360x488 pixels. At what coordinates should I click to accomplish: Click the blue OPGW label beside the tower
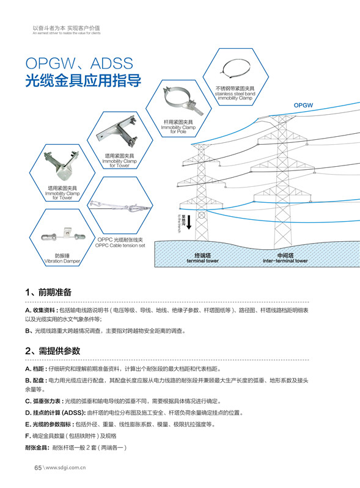point(303,105)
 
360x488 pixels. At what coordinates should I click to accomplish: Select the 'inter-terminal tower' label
point(285,258)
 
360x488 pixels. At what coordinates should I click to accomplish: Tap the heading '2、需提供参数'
point(53,351)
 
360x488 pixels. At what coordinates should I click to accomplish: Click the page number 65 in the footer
point(37,468)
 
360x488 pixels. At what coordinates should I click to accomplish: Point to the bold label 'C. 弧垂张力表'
point(44,401)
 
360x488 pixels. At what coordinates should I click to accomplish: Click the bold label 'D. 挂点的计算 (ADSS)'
point(54,413)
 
